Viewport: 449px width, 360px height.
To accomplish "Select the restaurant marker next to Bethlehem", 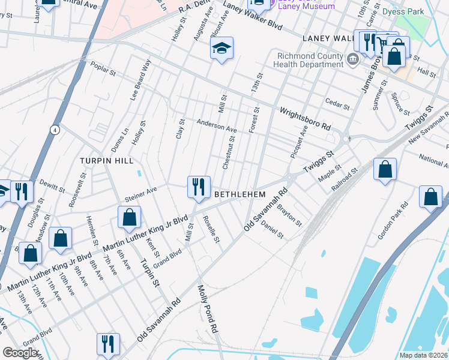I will [198, 187].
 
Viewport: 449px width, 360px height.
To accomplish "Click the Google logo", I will [20, 352].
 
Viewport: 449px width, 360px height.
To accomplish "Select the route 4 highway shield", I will [55, 130].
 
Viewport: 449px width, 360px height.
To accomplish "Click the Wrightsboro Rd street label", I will [306, 118].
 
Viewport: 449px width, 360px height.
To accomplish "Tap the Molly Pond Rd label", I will [207, 309].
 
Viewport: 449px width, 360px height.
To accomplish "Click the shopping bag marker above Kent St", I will [129, 218].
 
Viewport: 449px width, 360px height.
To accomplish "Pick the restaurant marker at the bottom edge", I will [108, 344].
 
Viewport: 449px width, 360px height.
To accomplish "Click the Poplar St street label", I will [103, 70].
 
